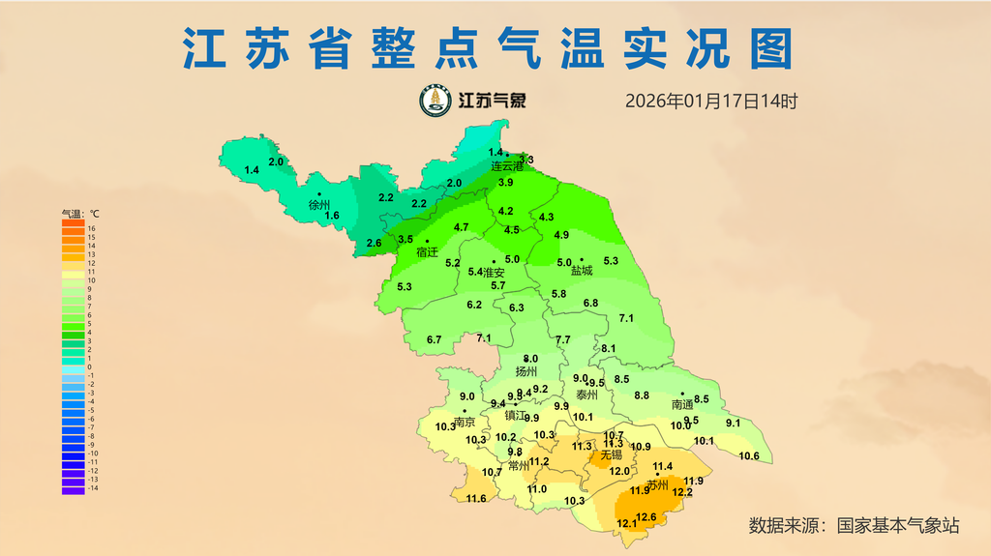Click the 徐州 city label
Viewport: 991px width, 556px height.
pos(319,205)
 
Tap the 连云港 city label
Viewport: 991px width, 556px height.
pos(506,166)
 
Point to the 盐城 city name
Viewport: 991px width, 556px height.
pos(582,271)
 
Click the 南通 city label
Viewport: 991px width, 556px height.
pos(682,404)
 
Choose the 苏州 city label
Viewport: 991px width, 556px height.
pos(658,484)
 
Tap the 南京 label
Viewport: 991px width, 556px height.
pos(465,422)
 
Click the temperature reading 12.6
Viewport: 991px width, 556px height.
pos(646,517)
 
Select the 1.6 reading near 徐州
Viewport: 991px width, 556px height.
pos(332,216)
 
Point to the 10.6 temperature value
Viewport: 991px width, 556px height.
pos(749,456)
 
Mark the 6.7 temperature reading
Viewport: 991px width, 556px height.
pos(434,339)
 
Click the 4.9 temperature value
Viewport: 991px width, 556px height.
pos(561,235)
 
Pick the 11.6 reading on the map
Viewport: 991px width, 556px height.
pos(476,499)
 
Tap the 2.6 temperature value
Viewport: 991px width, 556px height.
pos(374,242)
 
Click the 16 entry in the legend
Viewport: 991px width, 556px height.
pos(91,228)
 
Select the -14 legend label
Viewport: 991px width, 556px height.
pos(92,489)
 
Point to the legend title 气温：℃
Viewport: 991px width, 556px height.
pos(80,213)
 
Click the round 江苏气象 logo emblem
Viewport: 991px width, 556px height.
pos(435,100)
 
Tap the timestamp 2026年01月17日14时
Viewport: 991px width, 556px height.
pos(710,101)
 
